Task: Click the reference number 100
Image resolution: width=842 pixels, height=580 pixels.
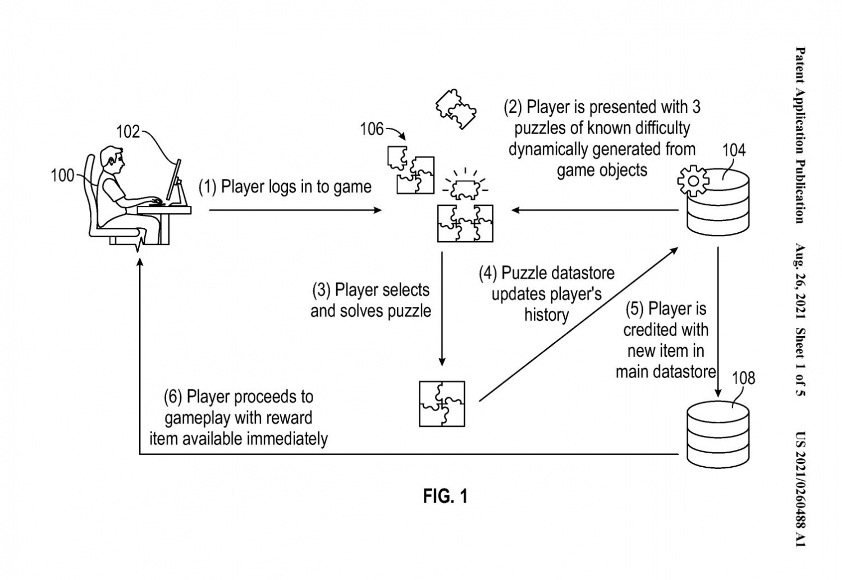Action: (62, 176)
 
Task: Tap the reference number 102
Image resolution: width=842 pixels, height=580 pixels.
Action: (128, 132)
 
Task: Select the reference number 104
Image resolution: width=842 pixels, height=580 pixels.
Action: (733, 150)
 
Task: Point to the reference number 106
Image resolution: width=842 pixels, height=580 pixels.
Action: (372, 130)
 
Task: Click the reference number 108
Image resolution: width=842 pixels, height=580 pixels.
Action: (743, 378)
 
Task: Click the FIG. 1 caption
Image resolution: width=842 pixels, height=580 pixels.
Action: (445, 496)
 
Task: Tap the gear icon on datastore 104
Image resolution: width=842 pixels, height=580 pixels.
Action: (693, 180)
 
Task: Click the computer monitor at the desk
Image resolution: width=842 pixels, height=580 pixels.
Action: (175, 182)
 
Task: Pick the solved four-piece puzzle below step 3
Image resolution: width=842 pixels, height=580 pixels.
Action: (442, 403)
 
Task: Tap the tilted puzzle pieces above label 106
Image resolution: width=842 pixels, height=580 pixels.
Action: (456, 109)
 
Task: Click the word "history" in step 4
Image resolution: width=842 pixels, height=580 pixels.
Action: (546, 315)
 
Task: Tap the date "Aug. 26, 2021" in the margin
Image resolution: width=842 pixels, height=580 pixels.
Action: (800, 280)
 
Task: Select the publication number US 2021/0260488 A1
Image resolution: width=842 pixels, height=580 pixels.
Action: (800, 488)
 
